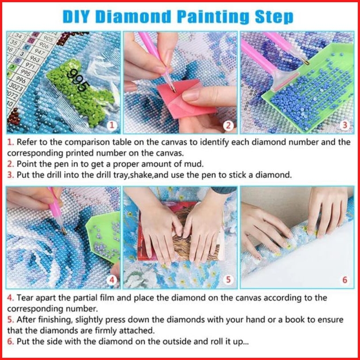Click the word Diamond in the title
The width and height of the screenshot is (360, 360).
pos(133,17)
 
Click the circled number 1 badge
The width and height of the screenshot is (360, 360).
pos(112,125)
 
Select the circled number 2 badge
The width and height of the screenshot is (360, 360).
pos(228,126)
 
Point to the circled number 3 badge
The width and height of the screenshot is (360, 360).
pos(345,125)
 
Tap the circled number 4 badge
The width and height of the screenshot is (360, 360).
pos(112,280)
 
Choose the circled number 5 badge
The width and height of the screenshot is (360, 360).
pos(228,280)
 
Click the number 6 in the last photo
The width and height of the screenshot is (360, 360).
pos(345,280)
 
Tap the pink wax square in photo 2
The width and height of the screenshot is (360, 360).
pos(186,99)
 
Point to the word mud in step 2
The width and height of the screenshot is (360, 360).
pos(193,164)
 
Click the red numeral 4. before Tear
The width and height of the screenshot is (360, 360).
pos(11,298)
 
